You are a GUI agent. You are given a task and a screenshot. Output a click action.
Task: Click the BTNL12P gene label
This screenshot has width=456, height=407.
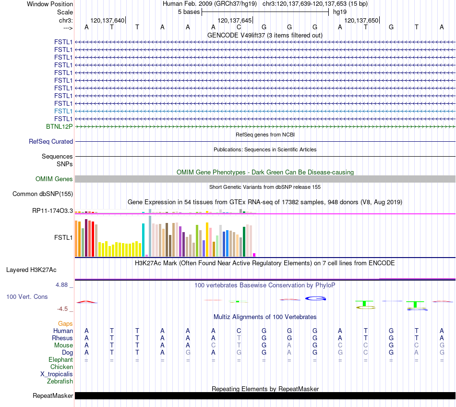[x=60, y=127]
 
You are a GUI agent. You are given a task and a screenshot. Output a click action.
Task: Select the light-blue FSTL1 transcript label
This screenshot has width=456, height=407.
[x=63, y=111]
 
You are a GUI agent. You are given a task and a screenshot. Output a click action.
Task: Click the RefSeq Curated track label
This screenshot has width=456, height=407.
[x=51, y=141]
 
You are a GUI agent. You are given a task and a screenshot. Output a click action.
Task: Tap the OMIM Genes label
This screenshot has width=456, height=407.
[x=54, y=179]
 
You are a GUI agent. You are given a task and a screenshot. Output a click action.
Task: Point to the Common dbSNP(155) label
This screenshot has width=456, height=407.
[x=43, y=194]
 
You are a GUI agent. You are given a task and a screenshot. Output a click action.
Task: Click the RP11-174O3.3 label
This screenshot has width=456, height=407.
[x=53, y=211]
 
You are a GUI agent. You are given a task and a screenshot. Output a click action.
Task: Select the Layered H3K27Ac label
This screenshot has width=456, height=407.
[x=31, y=270]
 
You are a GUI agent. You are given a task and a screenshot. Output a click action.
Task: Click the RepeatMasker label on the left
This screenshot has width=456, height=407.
[x=53, y=395]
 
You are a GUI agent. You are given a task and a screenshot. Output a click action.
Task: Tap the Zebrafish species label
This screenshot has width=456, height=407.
[x=60, y=381]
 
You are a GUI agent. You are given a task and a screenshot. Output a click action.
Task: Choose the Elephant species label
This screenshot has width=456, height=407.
[x=60, y=359]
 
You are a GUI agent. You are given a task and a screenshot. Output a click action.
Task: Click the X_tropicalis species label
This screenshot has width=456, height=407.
[x=57, y=374]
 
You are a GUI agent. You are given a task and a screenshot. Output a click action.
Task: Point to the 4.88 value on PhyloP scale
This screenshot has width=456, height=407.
[x=61, y=285]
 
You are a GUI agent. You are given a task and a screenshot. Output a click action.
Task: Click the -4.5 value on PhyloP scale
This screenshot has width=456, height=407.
[x=62, y=309]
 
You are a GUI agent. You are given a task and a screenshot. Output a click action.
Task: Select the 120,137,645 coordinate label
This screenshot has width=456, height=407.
[x=234, y=20]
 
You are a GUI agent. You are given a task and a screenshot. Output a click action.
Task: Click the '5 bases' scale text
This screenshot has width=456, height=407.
[x=189, y=12]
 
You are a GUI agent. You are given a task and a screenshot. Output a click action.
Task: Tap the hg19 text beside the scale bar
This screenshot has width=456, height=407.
[x=340, y=12]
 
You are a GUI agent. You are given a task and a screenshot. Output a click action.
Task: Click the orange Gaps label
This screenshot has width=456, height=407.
[x=65, y=324]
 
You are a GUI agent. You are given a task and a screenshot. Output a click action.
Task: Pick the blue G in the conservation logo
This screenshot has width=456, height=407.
[x=315, y=298]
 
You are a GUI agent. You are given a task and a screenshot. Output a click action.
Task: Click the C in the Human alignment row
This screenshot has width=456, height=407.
[x=239, y=331]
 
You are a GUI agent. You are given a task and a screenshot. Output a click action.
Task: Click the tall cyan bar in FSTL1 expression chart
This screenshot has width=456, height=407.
[x=144, y=240]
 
